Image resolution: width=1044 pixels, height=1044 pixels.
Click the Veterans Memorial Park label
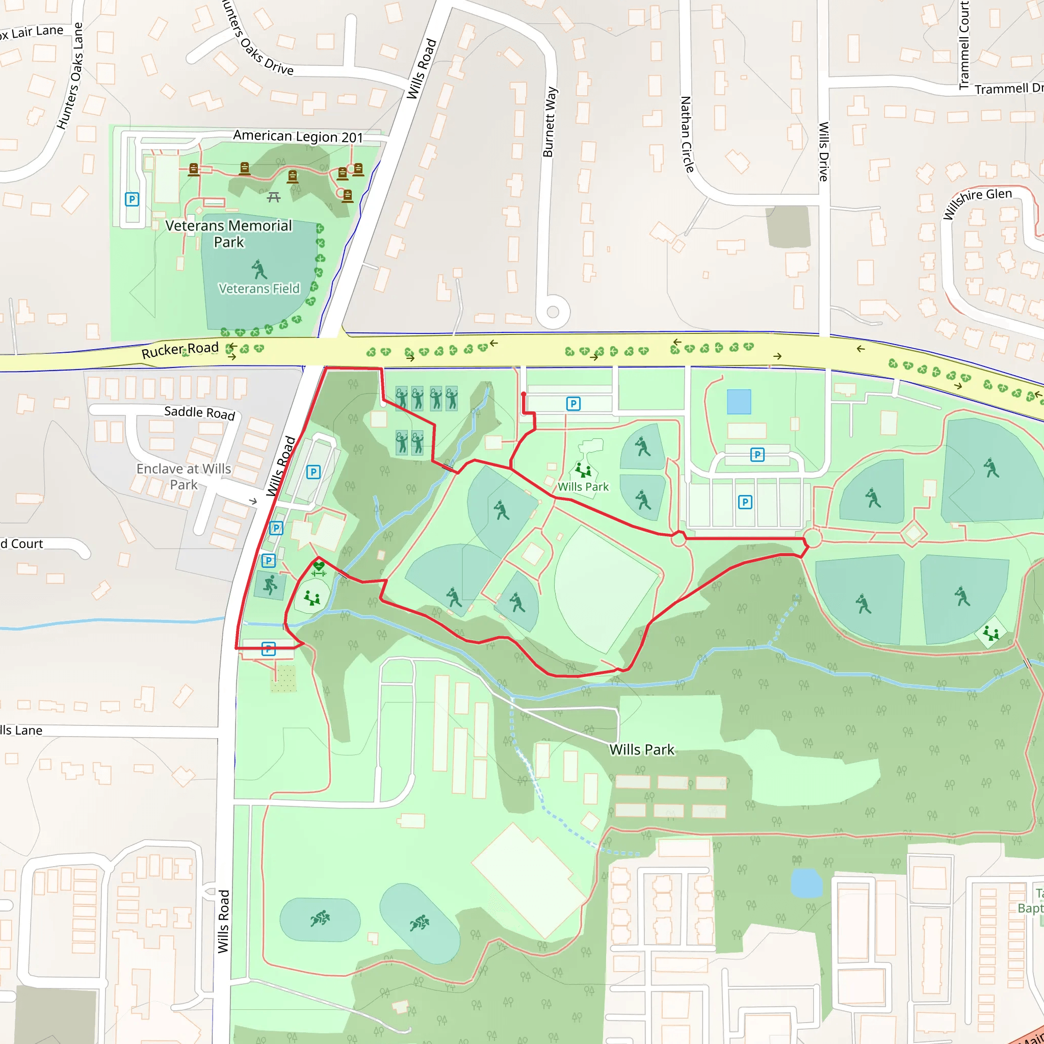(228, 233)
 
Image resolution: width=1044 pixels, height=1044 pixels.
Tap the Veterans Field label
(259, 289)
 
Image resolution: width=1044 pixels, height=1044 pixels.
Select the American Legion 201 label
(298, 137)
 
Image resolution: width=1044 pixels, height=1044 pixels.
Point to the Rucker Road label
(180, 350)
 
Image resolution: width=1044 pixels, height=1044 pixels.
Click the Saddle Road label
(199, 412)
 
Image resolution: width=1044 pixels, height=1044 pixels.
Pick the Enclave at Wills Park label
(184, 476)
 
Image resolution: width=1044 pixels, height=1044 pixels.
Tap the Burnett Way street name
(550, 122)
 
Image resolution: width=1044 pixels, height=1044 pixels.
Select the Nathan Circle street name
(686, 135)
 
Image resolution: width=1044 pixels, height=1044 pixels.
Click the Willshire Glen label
(977, 203)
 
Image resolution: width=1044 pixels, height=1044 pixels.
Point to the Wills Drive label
(824, 151)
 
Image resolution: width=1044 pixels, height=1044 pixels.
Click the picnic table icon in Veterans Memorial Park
(274, 197)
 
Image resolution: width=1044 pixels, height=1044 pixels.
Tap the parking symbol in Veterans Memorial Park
(132, 199)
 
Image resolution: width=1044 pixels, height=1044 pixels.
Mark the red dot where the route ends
(523, 395)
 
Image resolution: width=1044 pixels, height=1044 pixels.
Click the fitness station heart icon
(319, 567)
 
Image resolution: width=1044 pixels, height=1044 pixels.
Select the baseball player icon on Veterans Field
(259, 269)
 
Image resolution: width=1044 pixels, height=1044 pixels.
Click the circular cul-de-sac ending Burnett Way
(552, 312)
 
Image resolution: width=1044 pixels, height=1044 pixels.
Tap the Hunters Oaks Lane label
(71, 75)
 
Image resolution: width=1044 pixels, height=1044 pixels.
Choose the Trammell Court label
(963, 44)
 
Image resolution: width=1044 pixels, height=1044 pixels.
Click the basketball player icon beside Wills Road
(270, 584)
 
